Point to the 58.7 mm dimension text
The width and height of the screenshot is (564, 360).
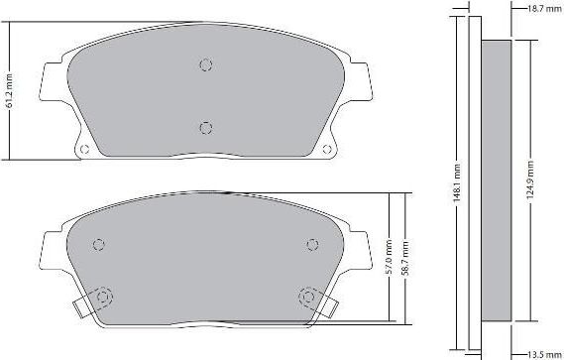coord(405,258)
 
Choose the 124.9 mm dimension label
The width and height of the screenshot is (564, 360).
coord(531,181)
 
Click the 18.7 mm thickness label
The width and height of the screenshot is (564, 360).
coord(539,8)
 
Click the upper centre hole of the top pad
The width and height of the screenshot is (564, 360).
coord(206,65)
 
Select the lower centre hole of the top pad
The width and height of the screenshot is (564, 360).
coord(206,127)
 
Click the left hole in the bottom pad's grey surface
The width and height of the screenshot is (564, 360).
coord(97,246)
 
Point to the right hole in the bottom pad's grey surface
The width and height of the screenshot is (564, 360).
coord(313,246)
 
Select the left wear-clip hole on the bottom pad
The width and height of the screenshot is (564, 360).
coord(104,296)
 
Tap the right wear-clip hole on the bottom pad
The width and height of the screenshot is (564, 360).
coord(307,296)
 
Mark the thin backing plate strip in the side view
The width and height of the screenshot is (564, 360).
coord(473,180)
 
